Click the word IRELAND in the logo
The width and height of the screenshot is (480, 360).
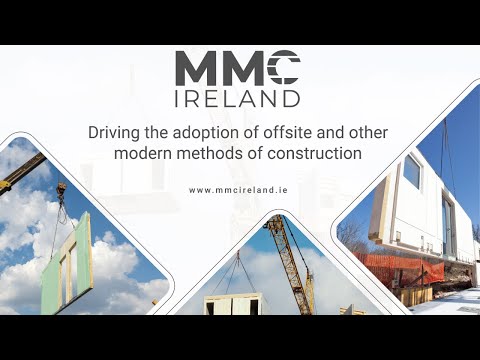click(x=237, y=98)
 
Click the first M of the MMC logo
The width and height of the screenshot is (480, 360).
click(x=196, y=69)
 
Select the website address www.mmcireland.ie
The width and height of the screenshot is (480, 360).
click(x=239, y=190)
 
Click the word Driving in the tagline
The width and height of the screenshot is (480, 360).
click(x=114, y=133)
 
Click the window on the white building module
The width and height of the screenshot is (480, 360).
click(x=412, y=171)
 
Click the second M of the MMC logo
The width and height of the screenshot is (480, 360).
click(x=240, y=69)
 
